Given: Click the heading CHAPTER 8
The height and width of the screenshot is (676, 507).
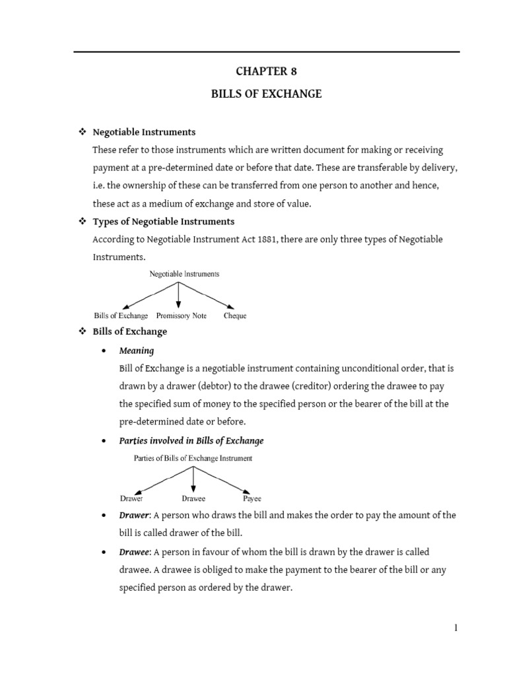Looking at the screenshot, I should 266,71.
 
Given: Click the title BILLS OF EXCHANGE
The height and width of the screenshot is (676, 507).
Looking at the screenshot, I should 266,94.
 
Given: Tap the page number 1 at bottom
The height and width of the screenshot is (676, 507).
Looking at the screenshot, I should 456,628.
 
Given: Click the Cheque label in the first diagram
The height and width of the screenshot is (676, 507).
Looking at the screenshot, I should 235,316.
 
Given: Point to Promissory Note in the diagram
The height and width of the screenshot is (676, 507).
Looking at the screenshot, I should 182,316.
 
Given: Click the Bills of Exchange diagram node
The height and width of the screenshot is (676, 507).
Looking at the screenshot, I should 121,316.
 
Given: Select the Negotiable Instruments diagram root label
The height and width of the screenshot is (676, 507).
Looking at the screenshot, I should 185,273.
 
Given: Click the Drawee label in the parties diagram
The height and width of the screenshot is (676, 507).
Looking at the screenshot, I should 193,499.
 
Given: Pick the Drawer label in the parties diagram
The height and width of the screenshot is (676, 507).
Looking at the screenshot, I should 131,499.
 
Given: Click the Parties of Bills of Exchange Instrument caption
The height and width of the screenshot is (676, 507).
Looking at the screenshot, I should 193,457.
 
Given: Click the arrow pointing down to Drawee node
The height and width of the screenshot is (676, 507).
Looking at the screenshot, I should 193,479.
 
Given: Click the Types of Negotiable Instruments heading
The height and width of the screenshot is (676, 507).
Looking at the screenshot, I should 164,221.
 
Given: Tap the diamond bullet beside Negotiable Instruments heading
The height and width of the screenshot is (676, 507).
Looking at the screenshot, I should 83,132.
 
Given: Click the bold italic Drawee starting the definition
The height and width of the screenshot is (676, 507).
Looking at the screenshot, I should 134,551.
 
